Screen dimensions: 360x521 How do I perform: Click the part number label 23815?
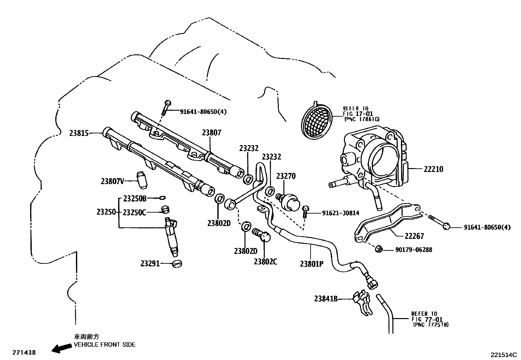click(79, 133)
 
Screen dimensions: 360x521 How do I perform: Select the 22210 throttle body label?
click(433, 169)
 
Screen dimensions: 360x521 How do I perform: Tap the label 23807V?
click(113, 181)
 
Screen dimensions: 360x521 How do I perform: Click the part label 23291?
click(150, 263)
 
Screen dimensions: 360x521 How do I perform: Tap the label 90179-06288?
click(414, 250)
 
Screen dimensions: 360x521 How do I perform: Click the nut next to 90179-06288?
click(379, 249)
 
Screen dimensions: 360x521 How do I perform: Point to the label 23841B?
click(326, 299)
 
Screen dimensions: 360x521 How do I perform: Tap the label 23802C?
click(265, 261)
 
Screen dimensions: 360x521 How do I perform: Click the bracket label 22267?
click(414, 236)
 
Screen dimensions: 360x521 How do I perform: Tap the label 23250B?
click(135, 198)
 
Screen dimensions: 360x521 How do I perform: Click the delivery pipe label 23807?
click(211, 133)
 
